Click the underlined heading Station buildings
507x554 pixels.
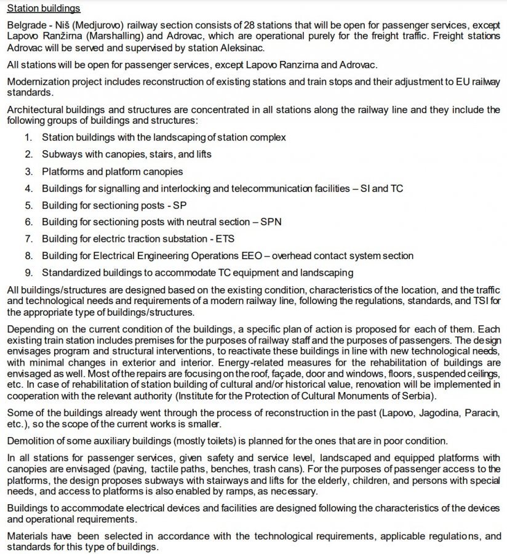[x=44, y=9]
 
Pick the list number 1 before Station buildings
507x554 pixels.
[x=28, y=137]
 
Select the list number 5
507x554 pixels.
[x=28, y=204]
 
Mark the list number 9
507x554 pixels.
[x=28, y=271]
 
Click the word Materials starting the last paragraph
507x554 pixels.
[x=26, y=536]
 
